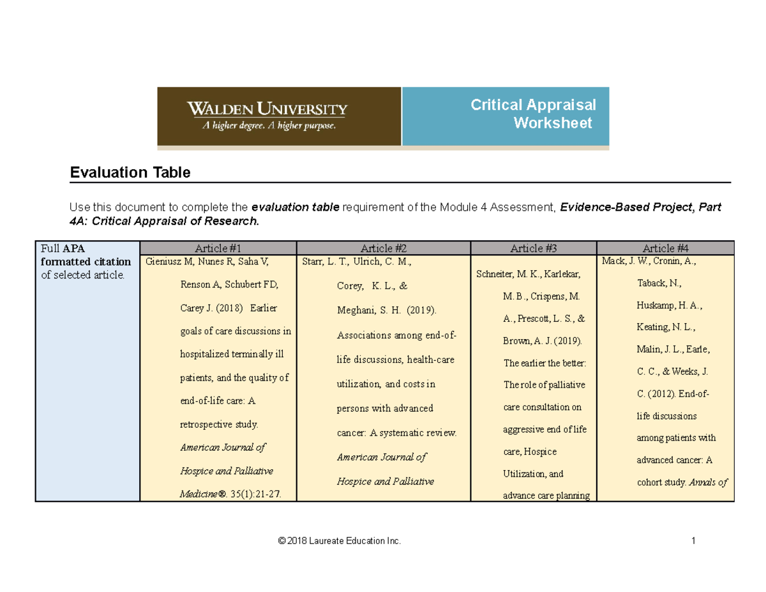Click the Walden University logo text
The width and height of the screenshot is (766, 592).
point(267,109)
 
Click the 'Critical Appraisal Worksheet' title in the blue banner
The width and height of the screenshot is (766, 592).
point(533,113)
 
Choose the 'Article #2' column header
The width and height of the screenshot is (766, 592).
point(384,248)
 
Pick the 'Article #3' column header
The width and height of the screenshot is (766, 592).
point(533,248)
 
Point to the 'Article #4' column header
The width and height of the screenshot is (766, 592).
point(665,248)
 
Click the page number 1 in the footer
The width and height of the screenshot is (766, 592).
point(693,542)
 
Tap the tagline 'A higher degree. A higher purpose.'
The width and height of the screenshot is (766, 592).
point(269,126)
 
